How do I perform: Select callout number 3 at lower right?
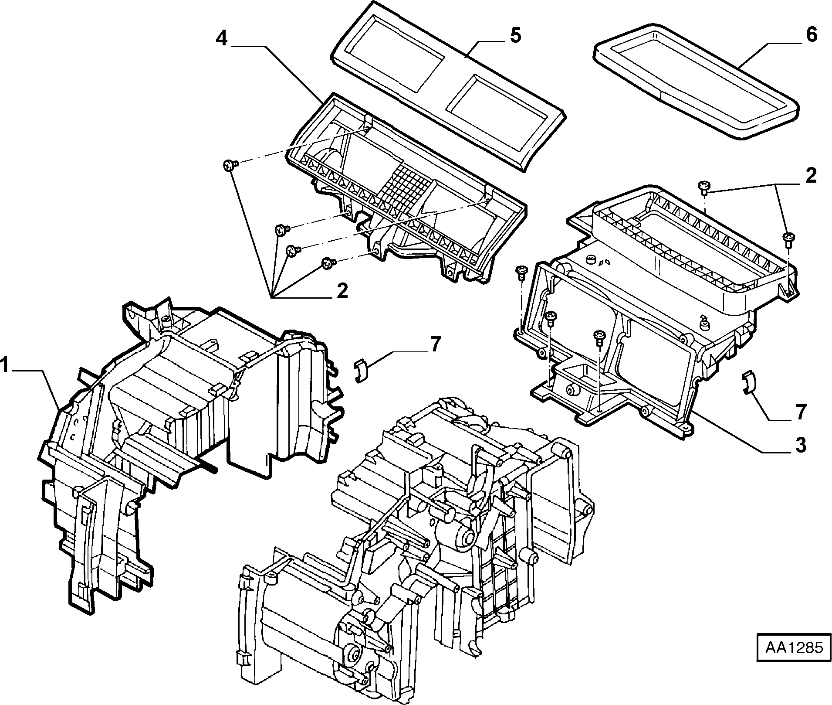(800, 445)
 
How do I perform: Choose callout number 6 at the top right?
(811, 34)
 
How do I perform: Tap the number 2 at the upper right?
(810, 176)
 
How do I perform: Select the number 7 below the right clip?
(800, 412)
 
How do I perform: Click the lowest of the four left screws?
(328, 263)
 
